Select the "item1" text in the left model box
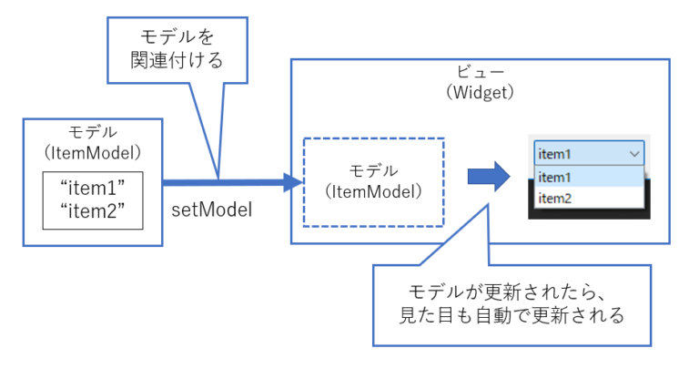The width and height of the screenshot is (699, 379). click(91, 188)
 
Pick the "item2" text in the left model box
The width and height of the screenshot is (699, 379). click(91, 211)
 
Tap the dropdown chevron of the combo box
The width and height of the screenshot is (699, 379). click(634, 154)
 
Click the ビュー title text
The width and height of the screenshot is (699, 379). click(481, 73)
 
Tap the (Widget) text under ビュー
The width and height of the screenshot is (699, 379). click(481, 92)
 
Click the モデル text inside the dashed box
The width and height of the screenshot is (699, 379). click(373, 171)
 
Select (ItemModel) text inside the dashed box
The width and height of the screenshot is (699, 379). click(373, 191)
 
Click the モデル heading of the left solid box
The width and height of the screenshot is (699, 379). click(92, 131)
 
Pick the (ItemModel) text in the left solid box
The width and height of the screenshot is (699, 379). click(92, 150)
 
